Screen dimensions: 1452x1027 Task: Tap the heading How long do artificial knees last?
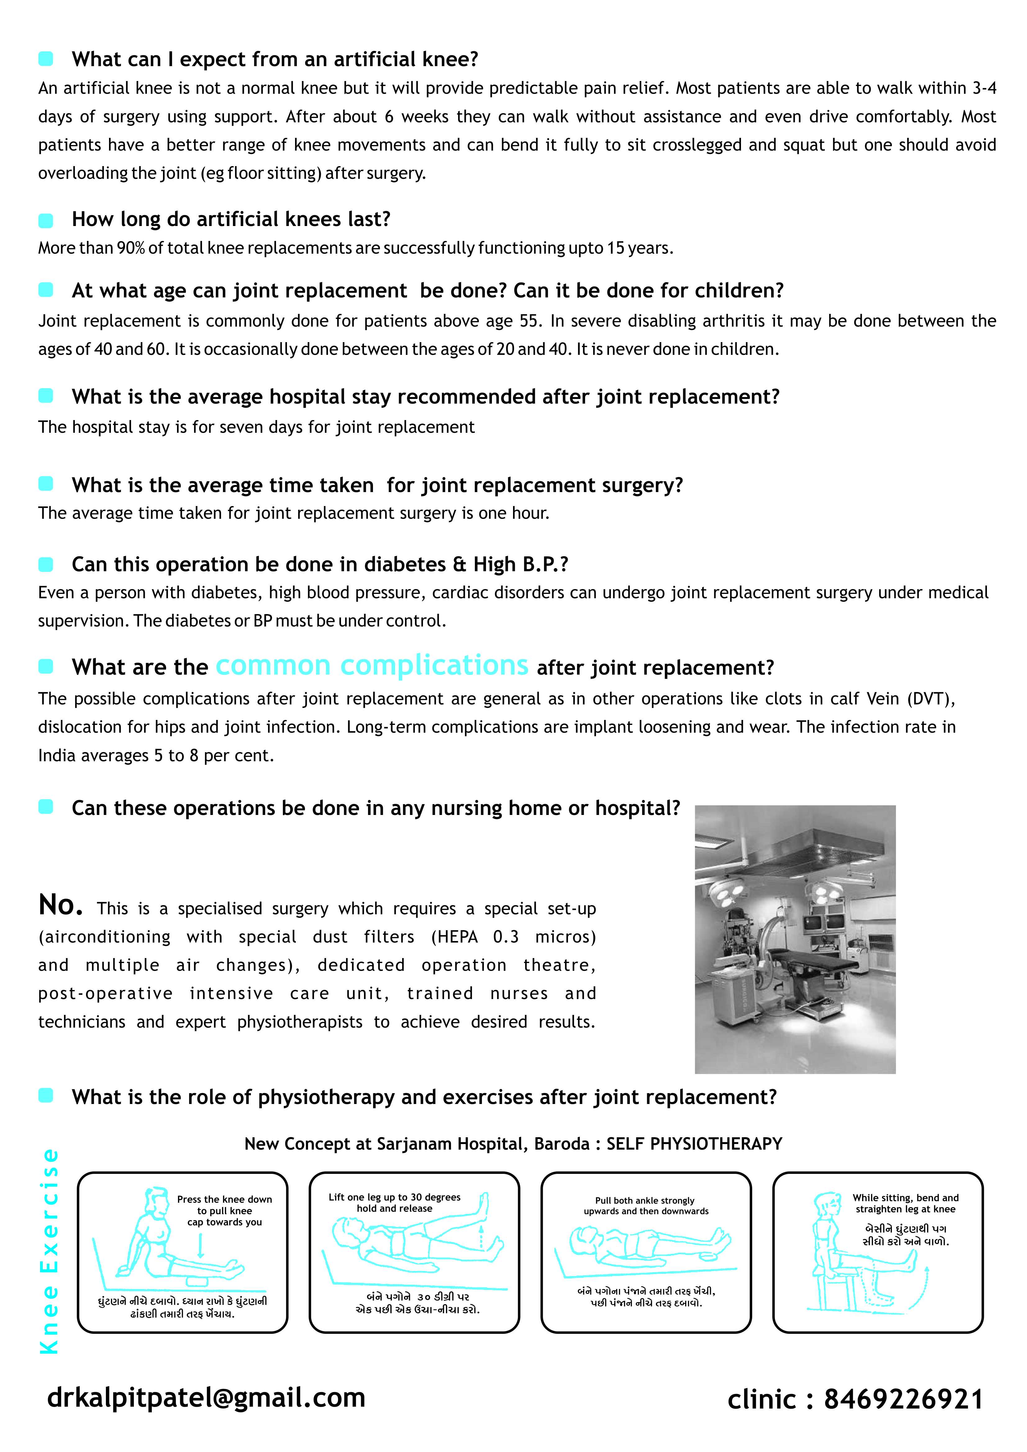point(231,219)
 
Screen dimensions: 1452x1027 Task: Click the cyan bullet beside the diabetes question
point(46,564)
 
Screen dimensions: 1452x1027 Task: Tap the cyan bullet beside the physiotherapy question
point(46,1096)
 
